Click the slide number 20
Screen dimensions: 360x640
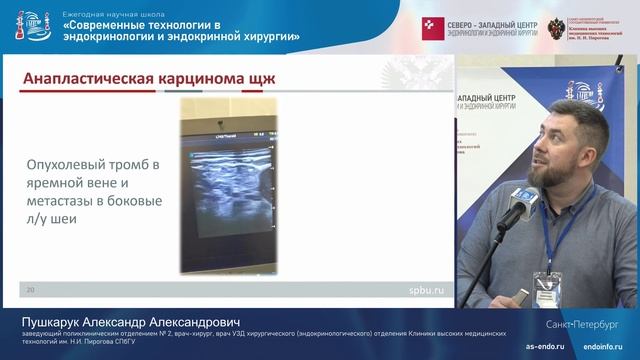coord(31,290)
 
